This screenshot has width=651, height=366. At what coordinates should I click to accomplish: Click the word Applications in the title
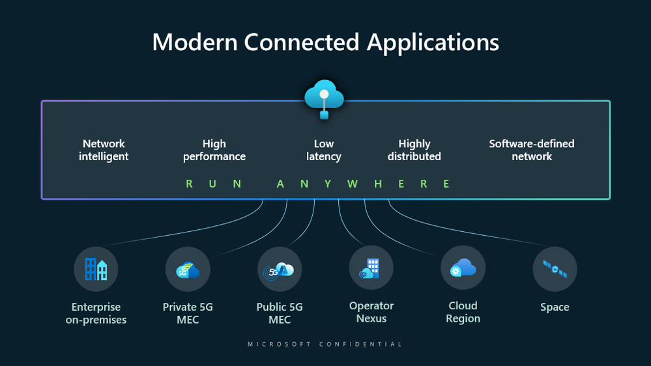[433, 42]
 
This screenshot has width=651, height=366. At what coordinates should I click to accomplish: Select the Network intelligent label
[104, 150]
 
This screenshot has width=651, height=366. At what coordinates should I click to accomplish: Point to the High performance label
[214, 150]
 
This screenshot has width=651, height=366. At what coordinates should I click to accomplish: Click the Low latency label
[324, 150]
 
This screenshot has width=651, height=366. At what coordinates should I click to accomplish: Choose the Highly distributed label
[414, 150]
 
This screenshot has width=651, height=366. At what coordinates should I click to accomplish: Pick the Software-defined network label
[532, 150]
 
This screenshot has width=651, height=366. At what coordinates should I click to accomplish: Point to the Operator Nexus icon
[371, 268]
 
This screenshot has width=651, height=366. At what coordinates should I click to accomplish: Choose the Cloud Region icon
[463, 268]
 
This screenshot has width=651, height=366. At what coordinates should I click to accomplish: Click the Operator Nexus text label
[371, 312]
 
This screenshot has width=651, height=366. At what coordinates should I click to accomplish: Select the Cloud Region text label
[463, 312]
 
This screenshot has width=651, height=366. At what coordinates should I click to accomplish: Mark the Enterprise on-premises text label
[96, 313]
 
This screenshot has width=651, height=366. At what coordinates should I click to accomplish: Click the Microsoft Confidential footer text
[325, 344]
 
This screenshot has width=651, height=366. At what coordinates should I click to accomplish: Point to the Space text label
[555, 307]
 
